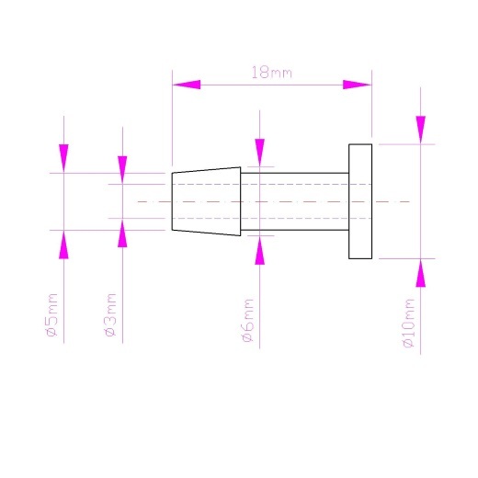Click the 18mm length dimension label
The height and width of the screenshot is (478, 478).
tap(271, 73)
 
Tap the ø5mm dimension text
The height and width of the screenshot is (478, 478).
tap(51, 315)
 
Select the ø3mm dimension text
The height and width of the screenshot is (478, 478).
tap(110, 315)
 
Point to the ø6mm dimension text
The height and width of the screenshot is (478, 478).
tap(248, 320)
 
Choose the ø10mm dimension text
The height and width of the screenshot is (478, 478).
tap(409, 323)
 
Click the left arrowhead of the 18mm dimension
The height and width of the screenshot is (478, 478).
tap(187, 85)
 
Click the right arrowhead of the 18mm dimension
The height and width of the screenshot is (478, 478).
tap(357, 85)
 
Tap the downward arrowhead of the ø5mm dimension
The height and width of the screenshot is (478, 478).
tap(63, 158)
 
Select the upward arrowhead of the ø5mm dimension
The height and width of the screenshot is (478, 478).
tap(63, 245)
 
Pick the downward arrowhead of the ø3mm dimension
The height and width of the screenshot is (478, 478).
tap(122, 170)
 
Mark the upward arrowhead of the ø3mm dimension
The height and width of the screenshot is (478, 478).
tap(122, 233)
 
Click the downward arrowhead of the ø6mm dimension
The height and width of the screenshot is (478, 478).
tap(260, 153)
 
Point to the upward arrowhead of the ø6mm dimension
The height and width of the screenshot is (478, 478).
tap(260, 250)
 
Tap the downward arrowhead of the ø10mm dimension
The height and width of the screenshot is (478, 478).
tap(421, 130)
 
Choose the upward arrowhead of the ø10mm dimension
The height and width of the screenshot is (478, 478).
tap(421, 273)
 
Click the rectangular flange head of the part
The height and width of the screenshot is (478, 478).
tap(360, 201)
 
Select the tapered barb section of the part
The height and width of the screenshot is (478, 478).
tap(206, 201)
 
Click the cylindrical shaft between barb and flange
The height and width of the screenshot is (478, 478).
tap(295, 201)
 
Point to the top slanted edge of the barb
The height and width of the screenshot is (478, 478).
tap(206, 170)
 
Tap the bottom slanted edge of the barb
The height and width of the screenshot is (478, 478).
tap(206, 233)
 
